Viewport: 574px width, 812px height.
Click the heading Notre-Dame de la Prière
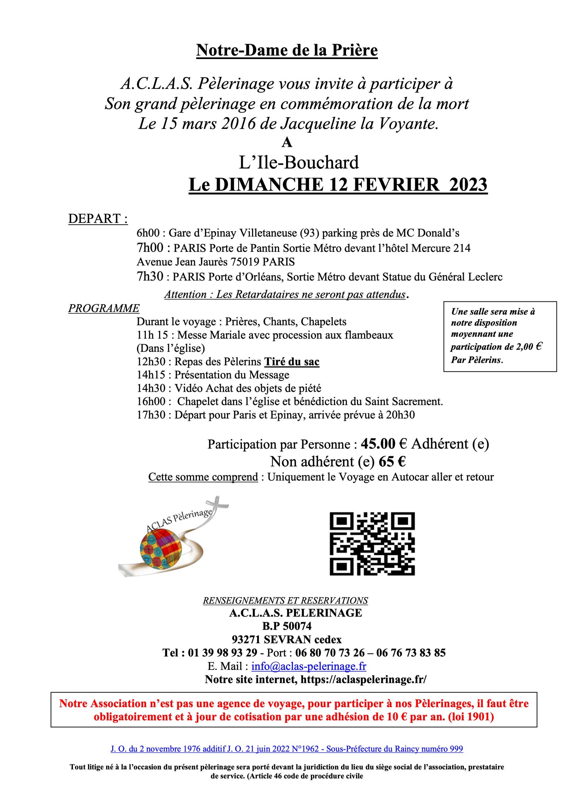pos(287,50)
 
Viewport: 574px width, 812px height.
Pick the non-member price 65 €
pos(392,462)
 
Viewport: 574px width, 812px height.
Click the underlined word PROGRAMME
pos(104,308)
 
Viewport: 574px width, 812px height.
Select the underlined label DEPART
pos(98,219)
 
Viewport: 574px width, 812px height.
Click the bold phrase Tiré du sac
pos(292,362)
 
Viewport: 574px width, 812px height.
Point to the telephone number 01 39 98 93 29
pos(222,652)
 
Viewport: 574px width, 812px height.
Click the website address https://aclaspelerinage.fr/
pos(363,680)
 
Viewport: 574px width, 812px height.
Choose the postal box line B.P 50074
pos(287,626)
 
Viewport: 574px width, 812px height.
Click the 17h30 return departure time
pos(151,415)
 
